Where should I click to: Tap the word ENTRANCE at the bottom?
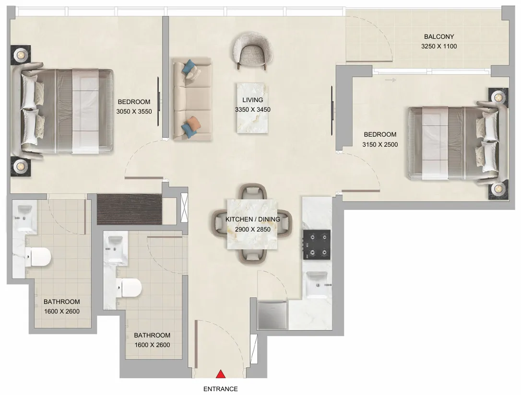tap(221, 389)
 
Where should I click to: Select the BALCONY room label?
tap(438, 36)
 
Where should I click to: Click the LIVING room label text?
tap(253, 100)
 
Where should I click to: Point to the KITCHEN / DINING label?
tap(253, 220)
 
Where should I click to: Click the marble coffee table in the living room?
tap(253, 108)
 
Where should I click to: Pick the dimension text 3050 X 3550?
tap(134, 111)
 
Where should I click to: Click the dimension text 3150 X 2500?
tap(380, 144)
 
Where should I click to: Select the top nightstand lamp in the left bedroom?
tap(21, 55)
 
